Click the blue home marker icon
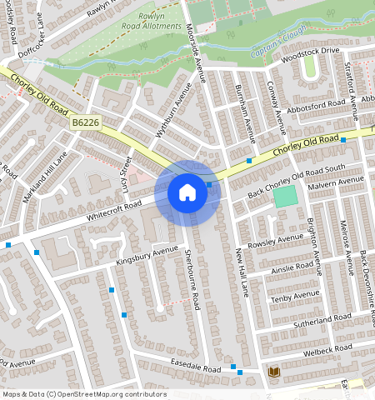(x=187, y=192)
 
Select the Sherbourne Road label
(x=192, y=278)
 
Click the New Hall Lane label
(x=242, y=272)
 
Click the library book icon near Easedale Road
(x=273, y=371)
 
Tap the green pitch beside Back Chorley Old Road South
(x=285, y=197)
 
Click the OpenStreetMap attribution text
(x=84, y=394)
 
